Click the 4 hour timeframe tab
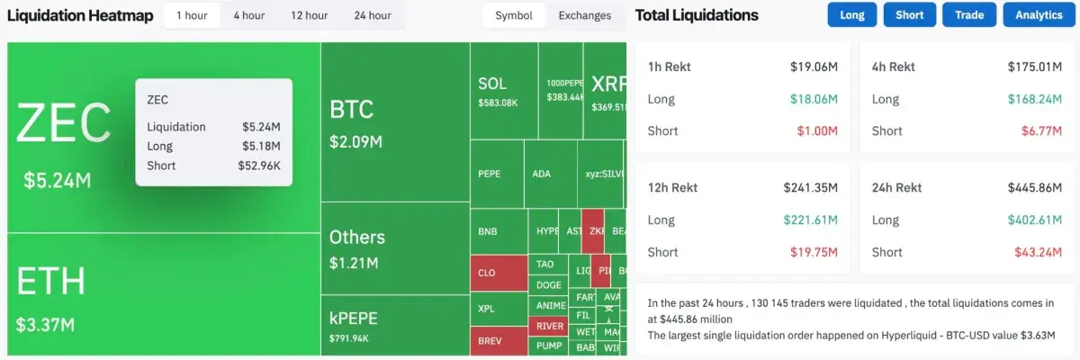point(249,15)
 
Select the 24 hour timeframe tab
point(373,15)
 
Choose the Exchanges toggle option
point(584,15)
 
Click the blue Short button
point(909,15)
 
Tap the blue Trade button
point(969,15)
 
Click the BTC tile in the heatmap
point(394,121)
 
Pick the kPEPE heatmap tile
point(394,326)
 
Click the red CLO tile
point(498,272)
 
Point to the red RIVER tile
point(549,326)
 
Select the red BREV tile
point(498,341)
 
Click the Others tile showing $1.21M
point(394,247)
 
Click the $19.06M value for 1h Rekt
point(814,67)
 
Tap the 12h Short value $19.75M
point(814,252)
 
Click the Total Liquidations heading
point(697,15)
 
